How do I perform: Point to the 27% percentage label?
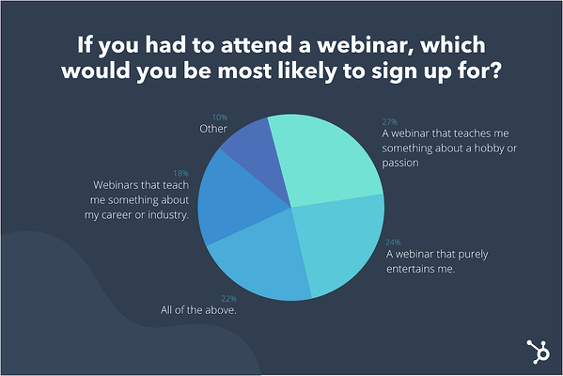click(x=389, y=122)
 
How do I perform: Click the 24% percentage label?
click(x=393, y=243)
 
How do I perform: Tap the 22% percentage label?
click(x=228, y=299)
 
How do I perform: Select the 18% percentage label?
click(x=180, y=174)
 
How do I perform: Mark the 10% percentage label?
click(x=220, y=117)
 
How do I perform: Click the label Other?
click(x=213, y=129)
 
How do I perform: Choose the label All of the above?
click(x=198, y=310)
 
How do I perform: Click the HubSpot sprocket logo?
click(x=538, y=352)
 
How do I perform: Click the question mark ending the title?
click(x=495, y=70)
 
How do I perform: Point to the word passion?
click(x=400, y=163)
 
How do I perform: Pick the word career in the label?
click(x=117, y=214)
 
